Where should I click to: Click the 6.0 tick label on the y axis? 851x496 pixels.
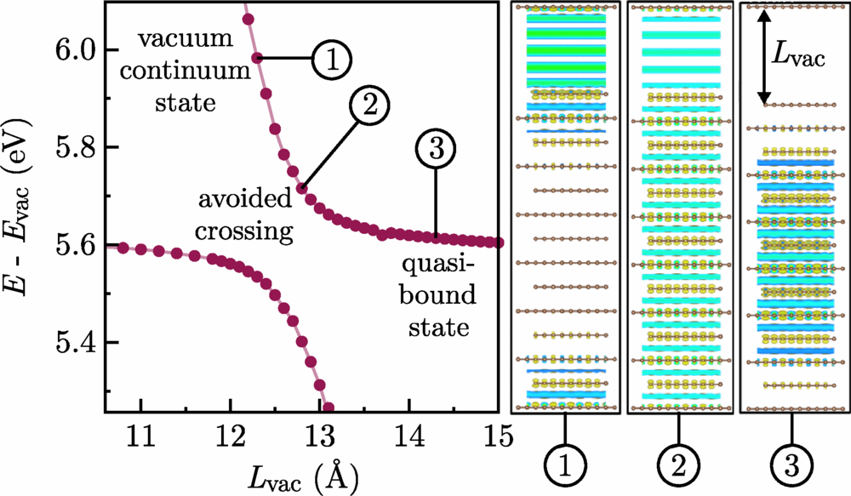tap(75, 50)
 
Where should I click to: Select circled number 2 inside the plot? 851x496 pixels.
tap(367, 105)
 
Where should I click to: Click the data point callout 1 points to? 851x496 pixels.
tap(257, 58)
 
